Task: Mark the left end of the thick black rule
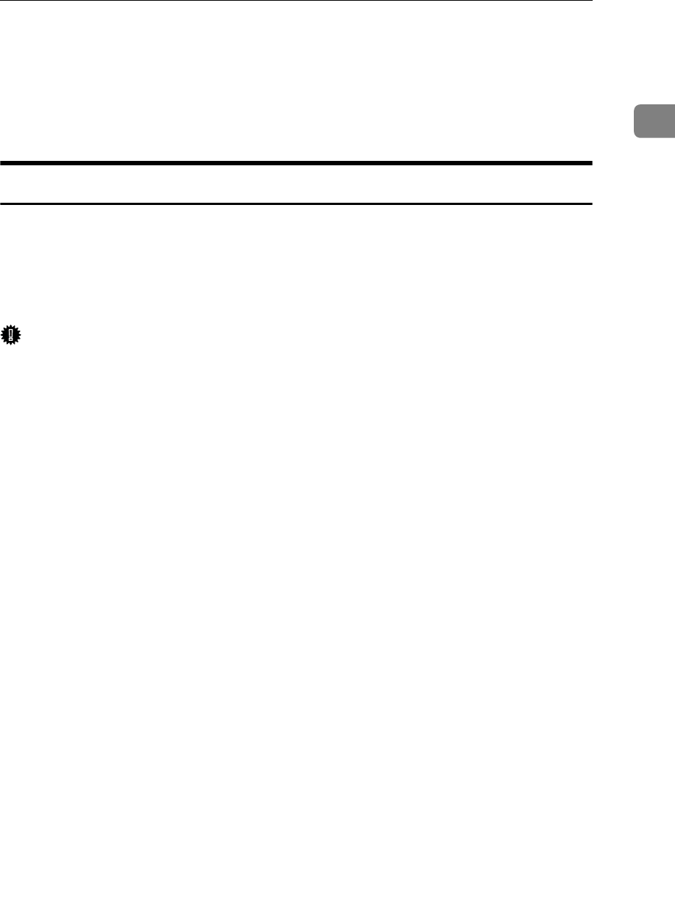click(x=1, y=163)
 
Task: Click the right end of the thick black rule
click(x=591, y=163)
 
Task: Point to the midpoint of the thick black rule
click(x=296, y=163)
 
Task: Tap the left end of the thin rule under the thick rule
click(x=1, y=203)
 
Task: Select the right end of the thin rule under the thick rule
click(x=591, y=203)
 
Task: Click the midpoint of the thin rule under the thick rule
click(x=296, y=203)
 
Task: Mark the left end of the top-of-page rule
click(x=1, y=1)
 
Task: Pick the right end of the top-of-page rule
click(x=591, y=1)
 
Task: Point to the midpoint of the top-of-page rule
click(x=296, y=1)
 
